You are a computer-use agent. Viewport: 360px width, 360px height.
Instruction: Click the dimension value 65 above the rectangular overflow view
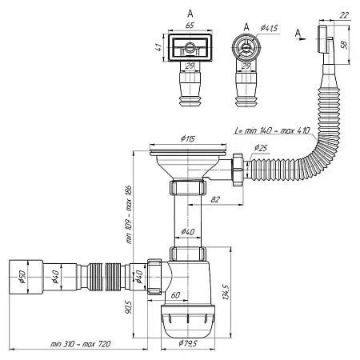190,26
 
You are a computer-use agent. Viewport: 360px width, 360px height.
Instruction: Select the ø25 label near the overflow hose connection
260,149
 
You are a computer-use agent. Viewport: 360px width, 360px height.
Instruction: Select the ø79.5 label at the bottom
189,345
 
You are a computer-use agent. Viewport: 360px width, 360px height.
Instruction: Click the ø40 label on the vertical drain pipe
187,232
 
